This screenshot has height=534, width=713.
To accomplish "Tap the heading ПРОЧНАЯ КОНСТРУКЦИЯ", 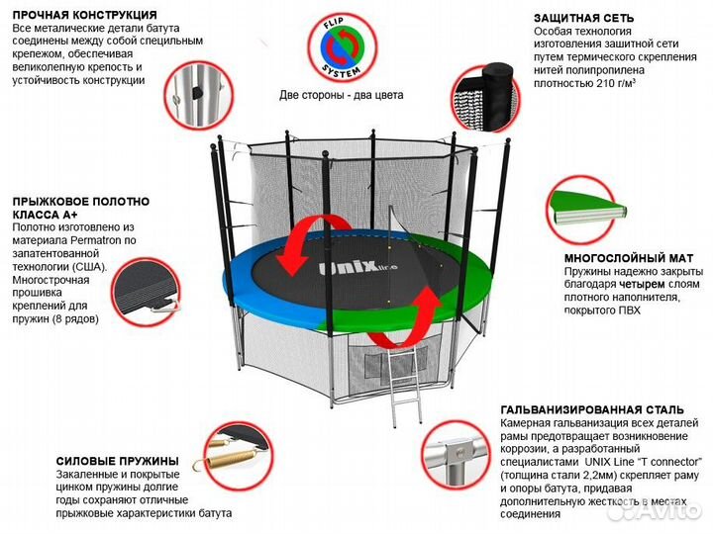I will [x=84, y=16].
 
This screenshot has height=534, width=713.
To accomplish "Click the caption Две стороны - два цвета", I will [x=344, y=97].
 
